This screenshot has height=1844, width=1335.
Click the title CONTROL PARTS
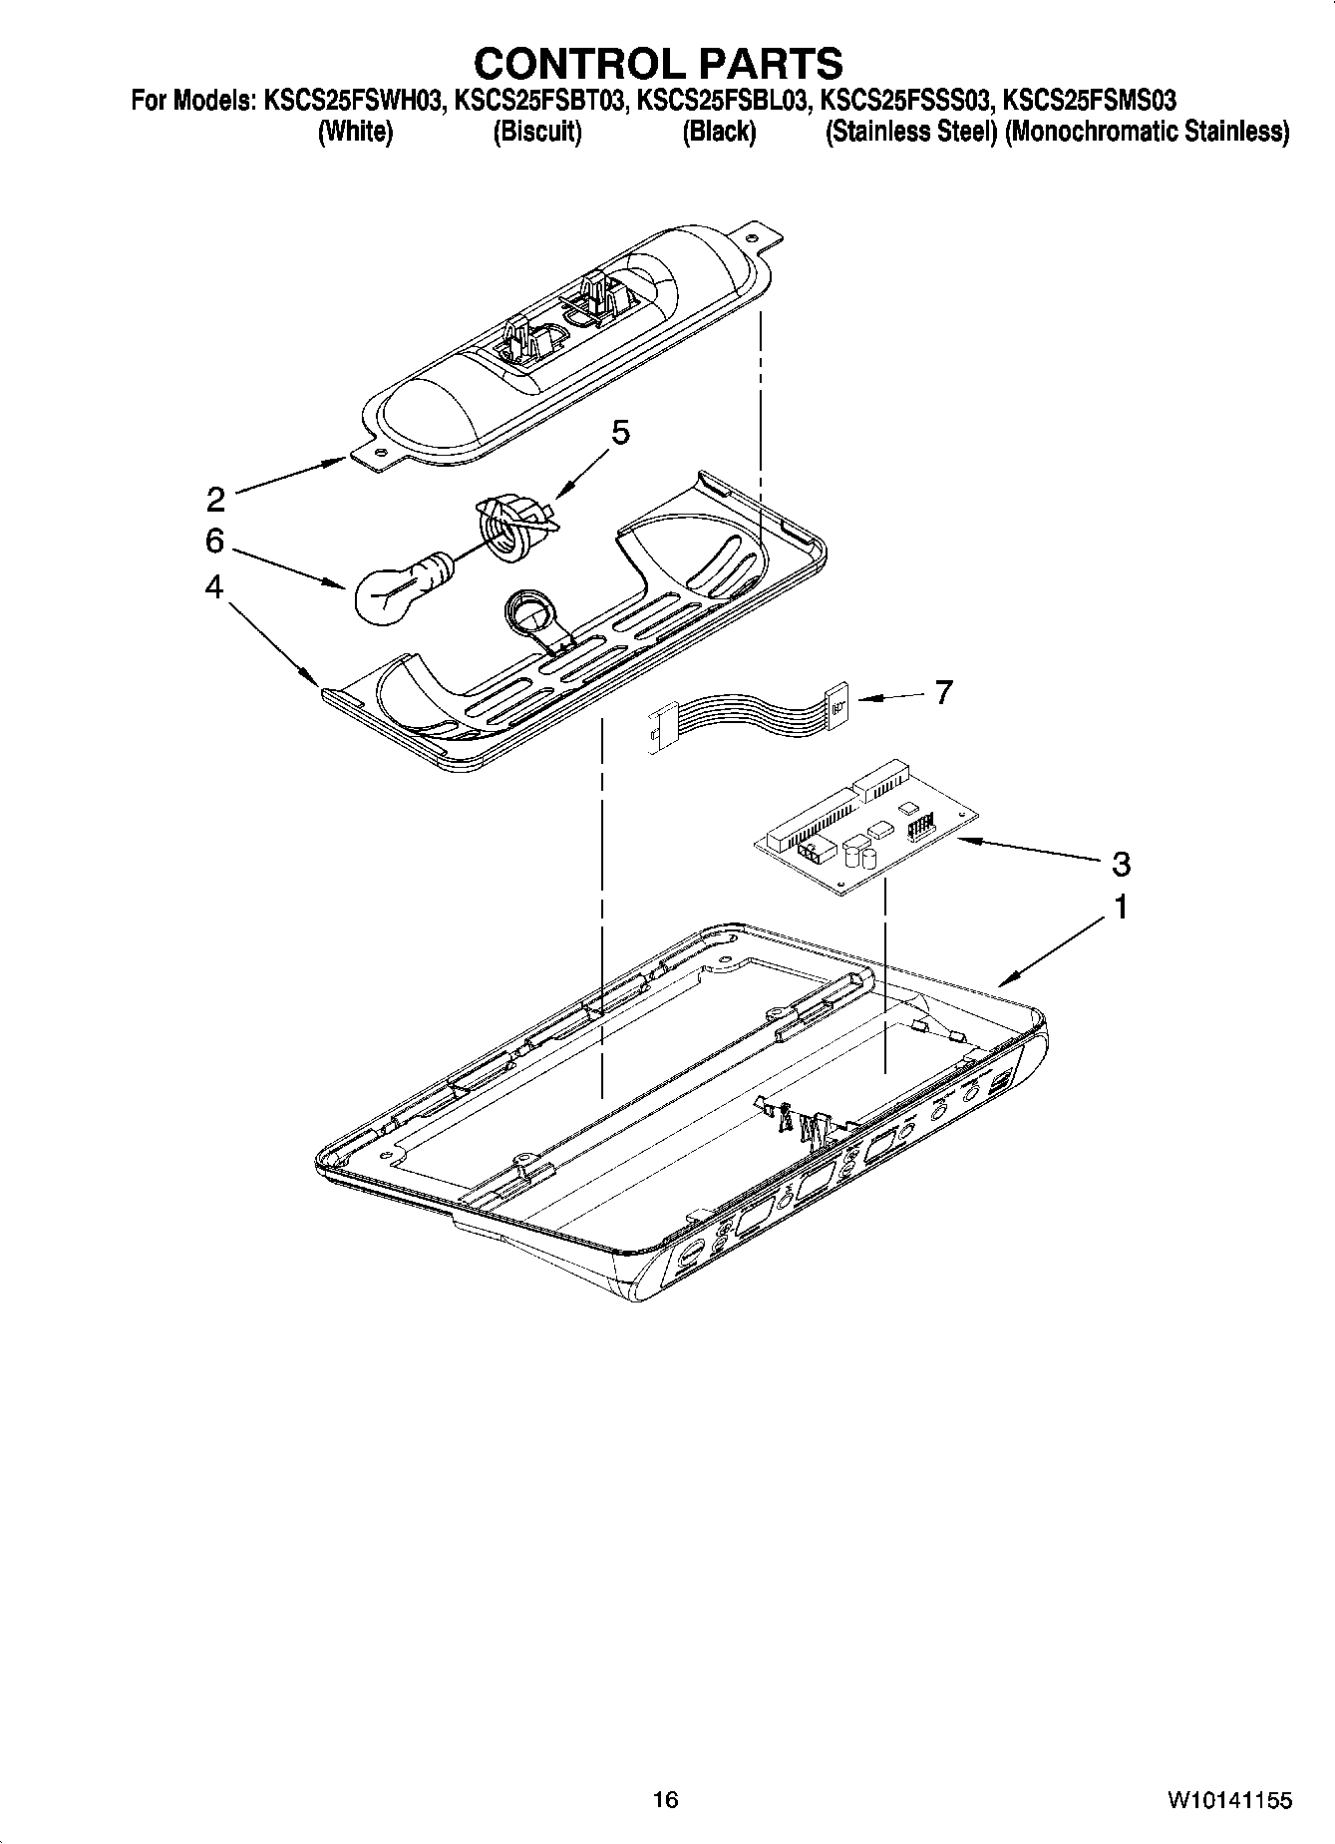658,63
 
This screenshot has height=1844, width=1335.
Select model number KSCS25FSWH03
353,101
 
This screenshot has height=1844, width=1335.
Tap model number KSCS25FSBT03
539,101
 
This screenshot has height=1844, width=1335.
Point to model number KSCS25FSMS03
1090,101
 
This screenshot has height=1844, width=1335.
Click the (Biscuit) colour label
537,132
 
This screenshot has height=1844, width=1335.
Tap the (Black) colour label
719,132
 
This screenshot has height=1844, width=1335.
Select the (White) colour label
355,132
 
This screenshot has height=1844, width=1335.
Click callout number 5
620,432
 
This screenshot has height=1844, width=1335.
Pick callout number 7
943,691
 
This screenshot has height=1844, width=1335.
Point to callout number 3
1121,863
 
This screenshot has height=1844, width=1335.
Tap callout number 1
1121,909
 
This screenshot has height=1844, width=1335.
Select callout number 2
215,498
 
